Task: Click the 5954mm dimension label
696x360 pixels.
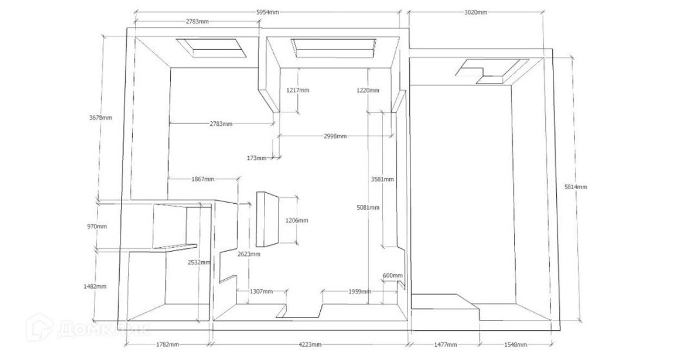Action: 268,12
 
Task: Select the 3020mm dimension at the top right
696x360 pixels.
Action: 475,12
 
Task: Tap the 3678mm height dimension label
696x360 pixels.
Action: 100,118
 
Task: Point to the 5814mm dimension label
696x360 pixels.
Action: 576,187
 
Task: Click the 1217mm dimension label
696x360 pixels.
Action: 298,91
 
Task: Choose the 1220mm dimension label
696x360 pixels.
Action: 368,91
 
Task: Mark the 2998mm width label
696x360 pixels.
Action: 335,136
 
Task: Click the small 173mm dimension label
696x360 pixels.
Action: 256,158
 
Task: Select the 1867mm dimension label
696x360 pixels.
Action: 203,179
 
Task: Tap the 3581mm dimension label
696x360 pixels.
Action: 382,179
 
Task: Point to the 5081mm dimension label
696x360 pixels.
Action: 368,208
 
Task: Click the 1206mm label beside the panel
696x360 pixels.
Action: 297,221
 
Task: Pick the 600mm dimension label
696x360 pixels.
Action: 393,275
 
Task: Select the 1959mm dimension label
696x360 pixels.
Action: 359,292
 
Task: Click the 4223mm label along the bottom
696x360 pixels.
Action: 310,345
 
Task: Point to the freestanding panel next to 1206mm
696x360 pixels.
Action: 267,218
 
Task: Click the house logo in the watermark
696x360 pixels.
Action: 40,327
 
